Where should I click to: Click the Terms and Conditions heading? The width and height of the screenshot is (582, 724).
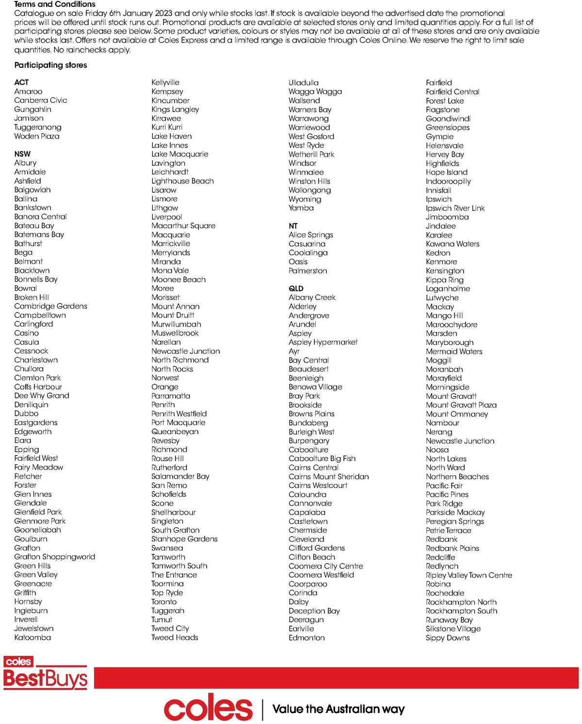click(x=55, y=4)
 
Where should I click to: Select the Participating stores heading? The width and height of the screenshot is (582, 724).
click(x=50, y=65)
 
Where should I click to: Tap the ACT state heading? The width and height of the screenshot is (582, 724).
click(x=21, y=82)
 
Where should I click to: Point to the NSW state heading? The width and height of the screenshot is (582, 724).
click(x=22, y=154)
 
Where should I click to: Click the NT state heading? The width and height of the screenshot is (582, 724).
click(x=293, y=226)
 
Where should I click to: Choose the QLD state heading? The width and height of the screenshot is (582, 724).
click(x=296, y=288)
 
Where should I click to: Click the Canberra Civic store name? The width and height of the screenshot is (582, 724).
click(x=41, y=100)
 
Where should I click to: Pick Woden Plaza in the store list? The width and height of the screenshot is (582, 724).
click(x=37, y=136)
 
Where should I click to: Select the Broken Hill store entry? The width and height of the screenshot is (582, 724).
click(x=32, y=297)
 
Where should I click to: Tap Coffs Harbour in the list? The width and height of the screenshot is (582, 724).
click(x=38, y=387)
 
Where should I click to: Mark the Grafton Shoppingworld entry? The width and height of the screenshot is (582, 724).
click(x=55, y=557)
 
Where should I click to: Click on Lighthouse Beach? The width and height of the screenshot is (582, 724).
click(x=182, y=181)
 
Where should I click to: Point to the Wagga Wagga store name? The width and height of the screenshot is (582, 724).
click(x=315, y=92)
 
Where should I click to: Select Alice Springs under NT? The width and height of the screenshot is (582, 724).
click(x=311, y=235)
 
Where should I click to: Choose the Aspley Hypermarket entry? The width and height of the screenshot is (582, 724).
click(x=323, y=342)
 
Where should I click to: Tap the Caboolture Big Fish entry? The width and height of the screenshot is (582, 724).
click(x=322, y=458)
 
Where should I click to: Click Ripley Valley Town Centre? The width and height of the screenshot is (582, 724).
click(x=469, y=575)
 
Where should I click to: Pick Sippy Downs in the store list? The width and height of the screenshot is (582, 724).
click(x=448, y=638)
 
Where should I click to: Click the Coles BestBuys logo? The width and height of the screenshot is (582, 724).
click(x=46, y=673)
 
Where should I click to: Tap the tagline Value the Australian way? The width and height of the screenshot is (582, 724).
click(x=339, y=709)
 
